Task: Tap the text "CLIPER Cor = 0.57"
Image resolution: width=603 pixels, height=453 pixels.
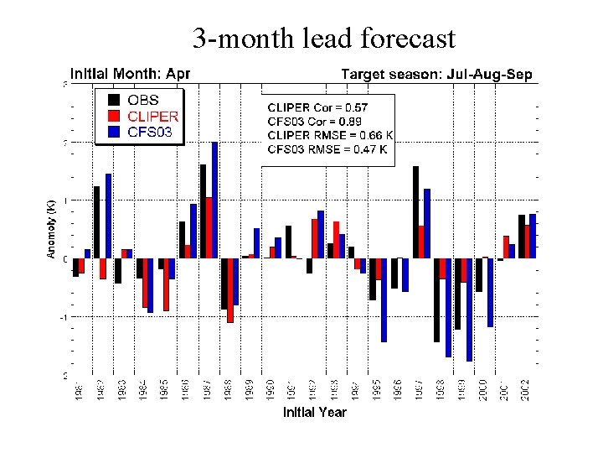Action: point(317,107)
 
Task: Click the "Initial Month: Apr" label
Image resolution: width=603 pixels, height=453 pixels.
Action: point(130,74)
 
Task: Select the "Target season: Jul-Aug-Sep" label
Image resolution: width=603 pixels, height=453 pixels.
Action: point(435,75)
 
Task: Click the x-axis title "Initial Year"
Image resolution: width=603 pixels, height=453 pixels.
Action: point(314,412)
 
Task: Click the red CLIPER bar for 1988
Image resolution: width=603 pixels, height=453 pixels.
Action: point(230,289)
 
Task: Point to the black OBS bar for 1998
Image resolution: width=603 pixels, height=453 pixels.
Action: point(437,299)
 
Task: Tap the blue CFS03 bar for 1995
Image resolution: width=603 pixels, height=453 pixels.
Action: point(384,299)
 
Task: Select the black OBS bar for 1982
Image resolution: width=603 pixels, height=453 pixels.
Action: point(97,221)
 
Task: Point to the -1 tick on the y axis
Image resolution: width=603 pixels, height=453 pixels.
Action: point(64,317)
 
